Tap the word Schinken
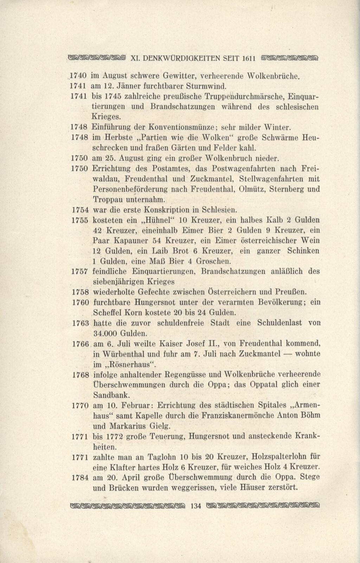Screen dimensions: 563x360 tap(303, 251)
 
